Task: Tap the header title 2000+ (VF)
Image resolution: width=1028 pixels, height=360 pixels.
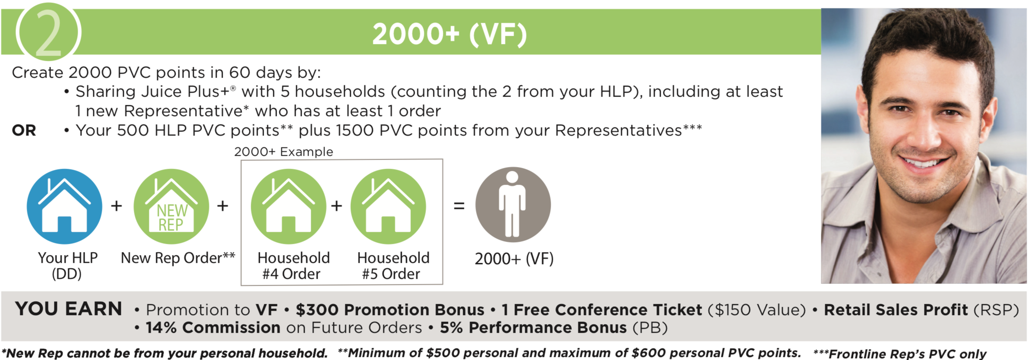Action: pos(449,34)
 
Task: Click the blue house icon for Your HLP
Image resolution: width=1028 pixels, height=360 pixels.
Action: pos(64,206)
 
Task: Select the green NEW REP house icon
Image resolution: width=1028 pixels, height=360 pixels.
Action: pos(171,206)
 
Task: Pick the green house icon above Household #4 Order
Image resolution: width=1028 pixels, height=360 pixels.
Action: pos(289,206)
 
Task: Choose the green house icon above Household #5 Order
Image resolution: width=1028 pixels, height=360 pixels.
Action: pos(388,206)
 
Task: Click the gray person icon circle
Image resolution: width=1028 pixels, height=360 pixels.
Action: pos(513,205)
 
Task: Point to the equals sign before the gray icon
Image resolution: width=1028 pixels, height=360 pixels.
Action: pos(459,206)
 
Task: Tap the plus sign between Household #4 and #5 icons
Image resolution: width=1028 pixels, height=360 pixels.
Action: pos(337,206)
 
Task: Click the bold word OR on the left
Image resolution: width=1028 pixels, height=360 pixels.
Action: pos(24,130)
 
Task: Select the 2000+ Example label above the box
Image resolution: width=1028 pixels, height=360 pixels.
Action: pos(284,152)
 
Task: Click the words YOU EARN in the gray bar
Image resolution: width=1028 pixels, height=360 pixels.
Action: pos(69,309)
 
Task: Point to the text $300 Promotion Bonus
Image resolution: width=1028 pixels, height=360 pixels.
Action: pos(390,310)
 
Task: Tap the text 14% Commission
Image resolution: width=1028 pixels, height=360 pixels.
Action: pos(213,328)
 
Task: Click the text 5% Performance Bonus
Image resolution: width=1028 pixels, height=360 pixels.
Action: pos(533,328)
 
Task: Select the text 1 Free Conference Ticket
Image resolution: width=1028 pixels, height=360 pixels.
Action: pos(602,310)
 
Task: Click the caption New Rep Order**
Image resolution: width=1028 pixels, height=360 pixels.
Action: pos(178,258)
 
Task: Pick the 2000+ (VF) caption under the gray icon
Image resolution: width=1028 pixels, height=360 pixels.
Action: pos(514,259)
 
